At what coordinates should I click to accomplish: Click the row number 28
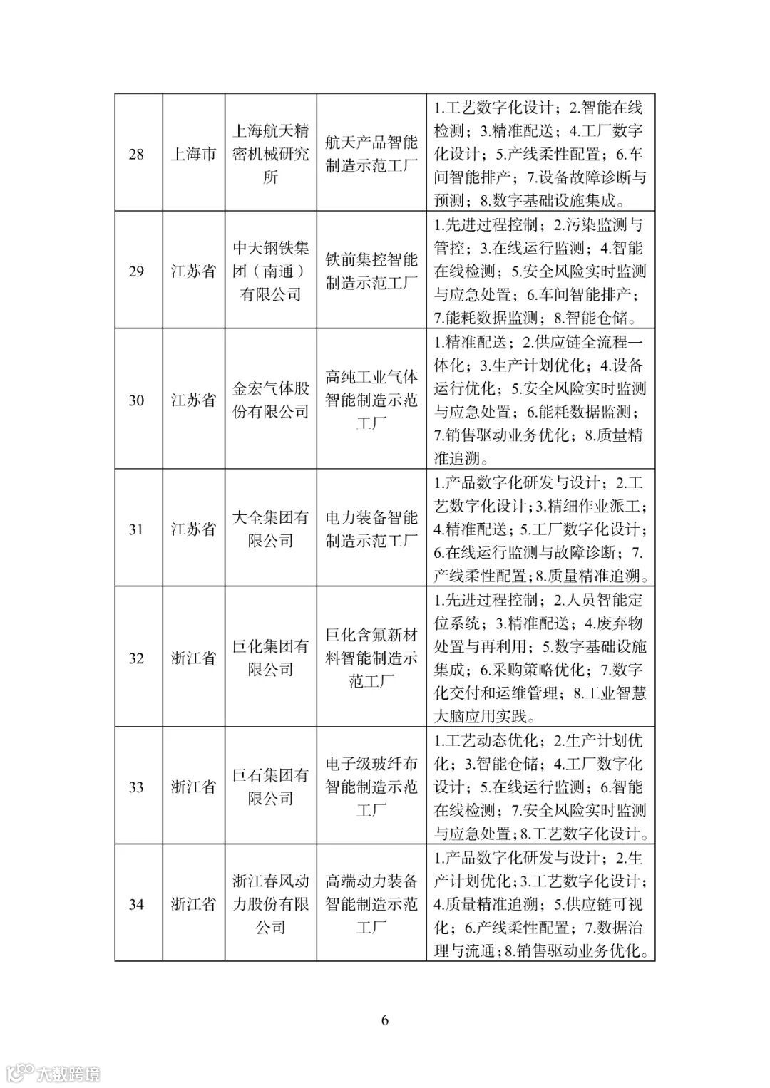tap(135, 155)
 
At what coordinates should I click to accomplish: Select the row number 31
tap(135, 529)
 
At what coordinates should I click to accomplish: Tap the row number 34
tap(135, 904)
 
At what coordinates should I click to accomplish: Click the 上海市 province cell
tap(193, 155)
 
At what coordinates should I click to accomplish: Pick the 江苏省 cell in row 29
tap(193, 271)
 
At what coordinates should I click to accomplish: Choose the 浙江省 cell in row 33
tap(193, 787)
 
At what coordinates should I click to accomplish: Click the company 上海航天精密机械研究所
tap(271, 154)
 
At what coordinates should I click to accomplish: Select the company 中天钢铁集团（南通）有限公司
tap(271, 271)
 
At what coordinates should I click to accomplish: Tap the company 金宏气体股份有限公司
tap(271, 400)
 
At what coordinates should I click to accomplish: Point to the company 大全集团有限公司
tap(271, 529)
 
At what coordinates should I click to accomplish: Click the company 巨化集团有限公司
tap(271, 658)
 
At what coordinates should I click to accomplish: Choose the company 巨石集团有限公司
tap(271, 787)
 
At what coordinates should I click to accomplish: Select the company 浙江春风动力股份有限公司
tap(271, 904)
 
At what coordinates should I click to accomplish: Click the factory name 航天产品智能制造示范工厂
tap(371, 154)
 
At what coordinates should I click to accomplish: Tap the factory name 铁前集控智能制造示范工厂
tap(371, 271)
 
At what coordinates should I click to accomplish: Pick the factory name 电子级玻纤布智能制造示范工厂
tap(371, 787)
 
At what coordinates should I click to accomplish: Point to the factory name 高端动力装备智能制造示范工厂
tap(371, 904)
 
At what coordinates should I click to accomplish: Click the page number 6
tap(385, 1020)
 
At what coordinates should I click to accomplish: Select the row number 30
tap(135, 400)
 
